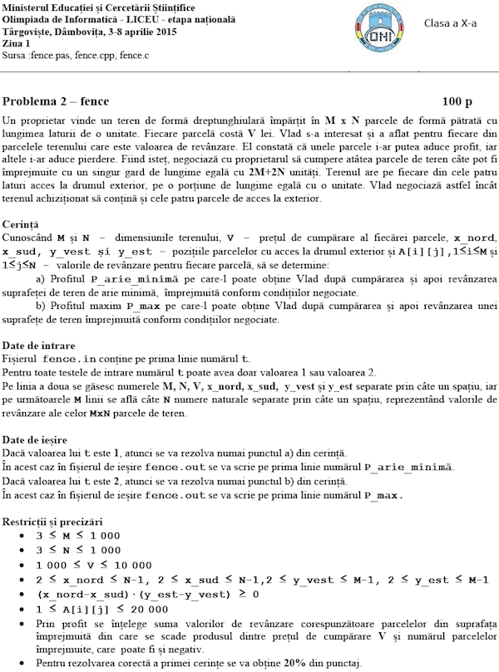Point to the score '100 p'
457,101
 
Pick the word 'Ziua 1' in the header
17,43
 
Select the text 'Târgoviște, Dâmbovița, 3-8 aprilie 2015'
86,32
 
